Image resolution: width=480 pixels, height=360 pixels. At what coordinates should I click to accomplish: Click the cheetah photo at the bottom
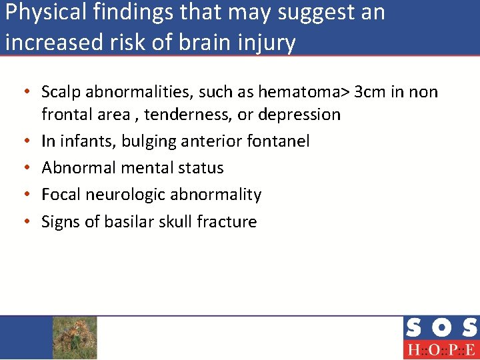point(74,337)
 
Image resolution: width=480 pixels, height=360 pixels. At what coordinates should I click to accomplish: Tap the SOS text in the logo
point(441,329)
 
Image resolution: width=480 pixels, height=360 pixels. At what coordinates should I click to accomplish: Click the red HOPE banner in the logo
point(441,349)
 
